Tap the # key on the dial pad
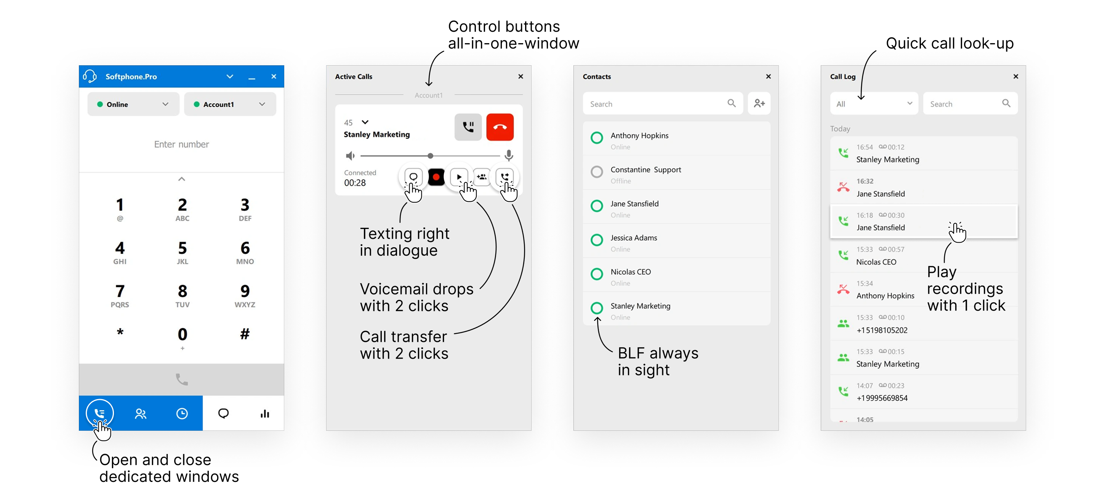(245, 334)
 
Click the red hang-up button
(500, 127)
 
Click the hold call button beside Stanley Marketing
(468, 127)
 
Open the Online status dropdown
(133, 105)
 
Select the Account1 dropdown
(230, 105)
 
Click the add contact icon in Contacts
(759, 103)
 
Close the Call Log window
(1015, 76)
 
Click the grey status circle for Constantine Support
(596, 172)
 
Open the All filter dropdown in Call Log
(874, 104)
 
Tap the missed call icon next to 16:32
(843, 187)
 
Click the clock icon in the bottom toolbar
(182, 414)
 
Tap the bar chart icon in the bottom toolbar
(265, 414)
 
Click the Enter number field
(181, 144)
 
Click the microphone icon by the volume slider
(509, 155)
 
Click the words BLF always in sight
(658, 361)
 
